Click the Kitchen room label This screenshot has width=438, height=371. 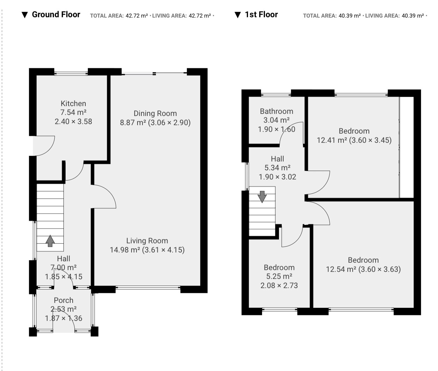click(73, 103)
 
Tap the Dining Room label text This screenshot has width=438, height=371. click(155, 113)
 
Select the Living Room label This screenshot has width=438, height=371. click(147, 241)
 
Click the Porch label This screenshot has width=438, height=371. click(63, 300)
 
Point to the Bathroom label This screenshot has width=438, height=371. click(276, 111)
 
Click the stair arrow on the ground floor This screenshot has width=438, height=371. click(50, 241)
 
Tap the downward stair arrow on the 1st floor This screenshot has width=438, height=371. click(262, 197)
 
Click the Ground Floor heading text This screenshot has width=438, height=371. click(56, 14)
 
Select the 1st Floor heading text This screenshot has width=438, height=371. click(261, 14)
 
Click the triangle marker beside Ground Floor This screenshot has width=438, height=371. click(25, 15)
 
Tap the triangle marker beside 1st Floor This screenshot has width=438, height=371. click(238, 15)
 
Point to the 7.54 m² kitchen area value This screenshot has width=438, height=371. click(73, 112)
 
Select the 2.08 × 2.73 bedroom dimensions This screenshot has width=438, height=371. click(279, 285)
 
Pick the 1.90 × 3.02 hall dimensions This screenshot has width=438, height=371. click(278, 177)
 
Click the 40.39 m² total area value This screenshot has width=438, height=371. click(349, 16)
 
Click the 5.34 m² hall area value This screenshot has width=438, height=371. click(278, 168)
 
